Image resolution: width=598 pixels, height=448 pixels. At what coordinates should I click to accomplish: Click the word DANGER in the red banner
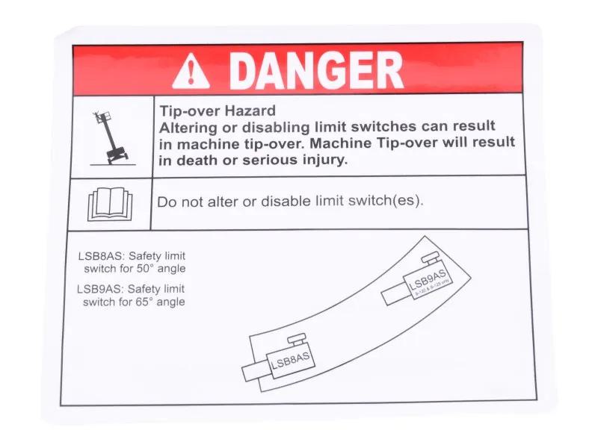coord(315,71)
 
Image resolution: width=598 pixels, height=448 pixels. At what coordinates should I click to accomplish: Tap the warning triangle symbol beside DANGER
coord(191,72)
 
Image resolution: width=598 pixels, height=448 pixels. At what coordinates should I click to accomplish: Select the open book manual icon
coord(110,205)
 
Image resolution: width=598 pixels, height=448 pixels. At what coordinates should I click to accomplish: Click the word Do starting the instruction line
coord(166,202)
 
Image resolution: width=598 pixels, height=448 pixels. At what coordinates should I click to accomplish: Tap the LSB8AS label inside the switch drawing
coord(290,361)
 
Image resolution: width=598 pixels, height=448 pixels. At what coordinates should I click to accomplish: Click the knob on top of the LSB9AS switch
coord(431,260)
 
